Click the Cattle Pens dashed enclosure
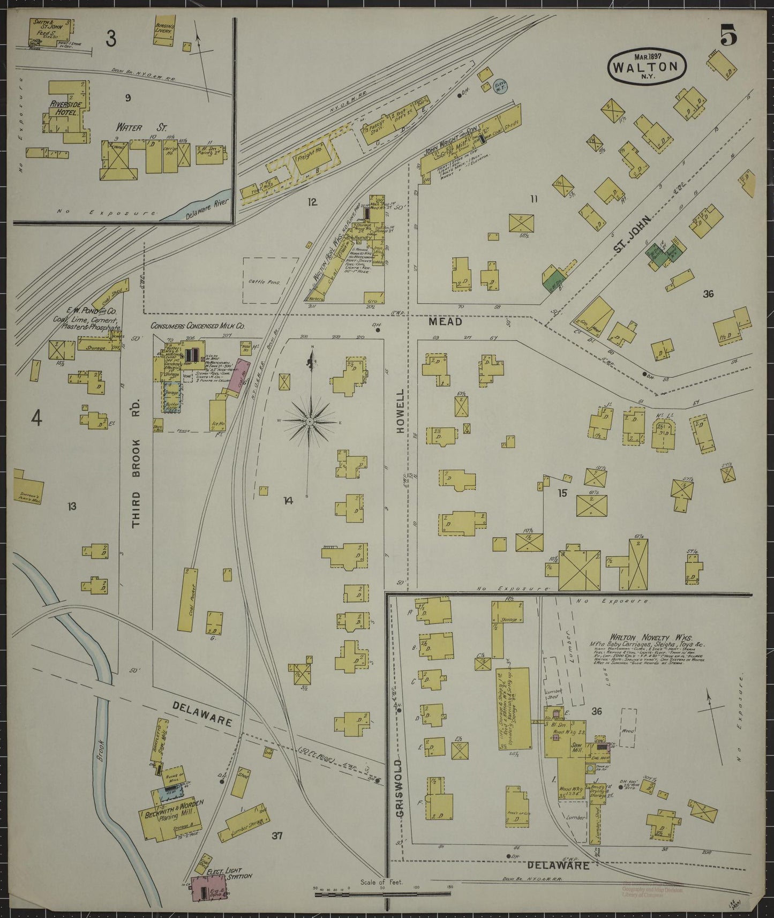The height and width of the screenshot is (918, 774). tap(272, 281)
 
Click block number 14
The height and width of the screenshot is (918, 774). tap(289, 501)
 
